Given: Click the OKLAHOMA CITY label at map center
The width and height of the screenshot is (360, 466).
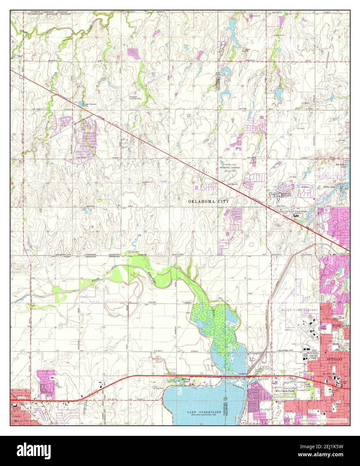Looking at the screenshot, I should [x=208, y=202].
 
